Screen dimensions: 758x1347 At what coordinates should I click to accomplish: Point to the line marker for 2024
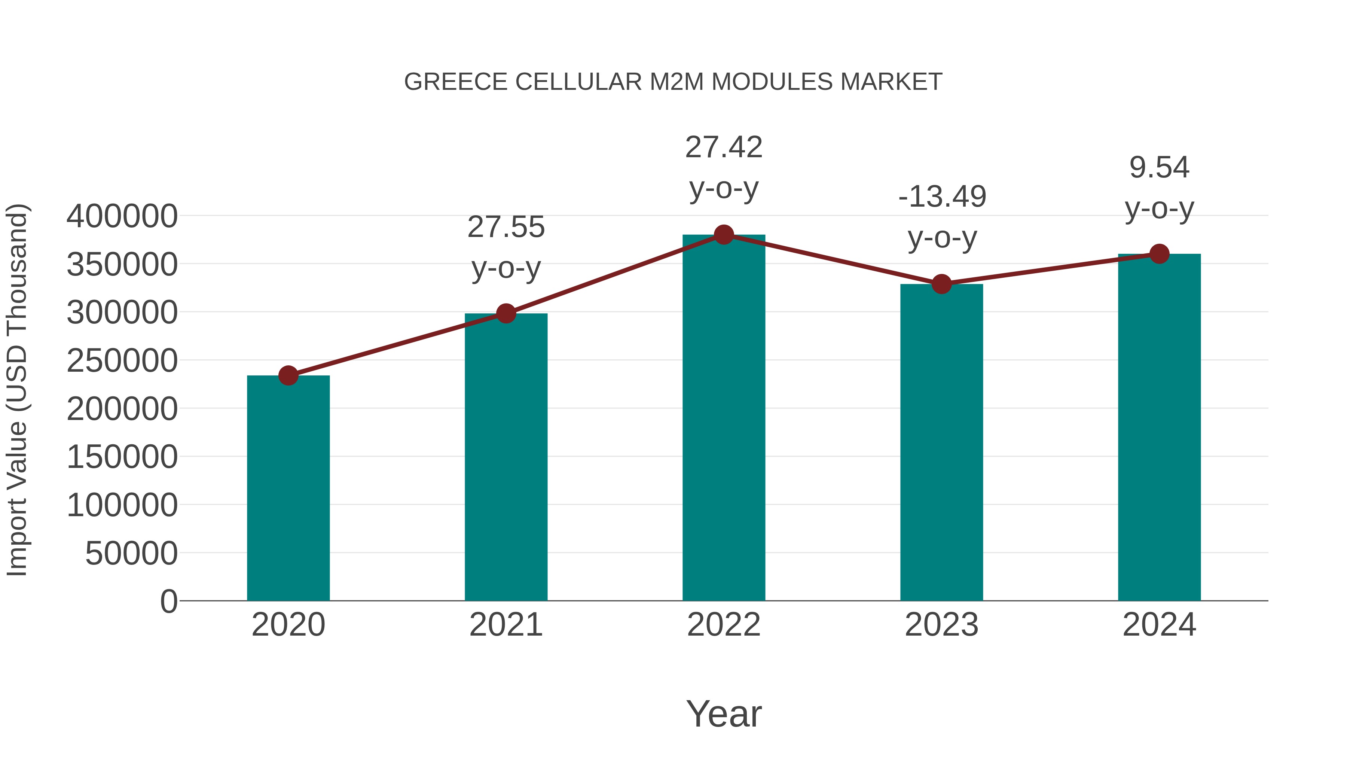(1159, 254)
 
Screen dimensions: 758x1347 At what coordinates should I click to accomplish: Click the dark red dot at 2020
(288, 375)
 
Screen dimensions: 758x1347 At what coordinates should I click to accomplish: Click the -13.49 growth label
(942, 217)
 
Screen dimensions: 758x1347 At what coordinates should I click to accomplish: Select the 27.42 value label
(724, 147)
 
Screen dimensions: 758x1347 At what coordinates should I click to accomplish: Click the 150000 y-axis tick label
(122, 457)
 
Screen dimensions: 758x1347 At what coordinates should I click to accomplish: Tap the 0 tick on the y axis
(168, 601)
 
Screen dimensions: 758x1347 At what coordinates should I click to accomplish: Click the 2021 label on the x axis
(505, 625)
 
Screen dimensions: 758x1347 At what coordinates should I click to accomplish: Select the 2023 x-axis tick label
(941, 625)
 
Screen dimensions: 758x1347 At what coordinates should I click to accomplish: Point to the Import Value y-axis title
(17, 390)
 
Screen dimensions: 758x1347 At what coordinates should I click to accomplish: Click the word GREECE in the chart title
(455, 82)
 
